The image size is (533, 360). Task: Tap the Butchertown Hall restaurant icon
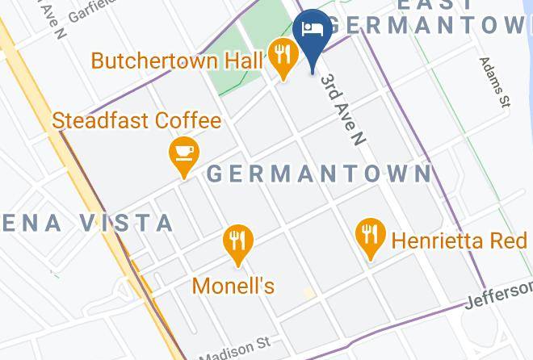281,56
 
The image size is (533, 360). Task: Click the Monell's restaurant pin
237,241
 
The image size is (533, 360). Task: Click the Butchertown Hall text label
178,61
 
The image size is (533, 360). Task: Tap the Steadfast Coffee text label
136,121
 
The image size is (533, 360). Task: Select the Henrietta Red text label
459,241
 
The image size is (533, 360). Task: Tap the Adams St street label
495,82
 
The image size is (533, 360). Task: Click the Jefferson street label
499,295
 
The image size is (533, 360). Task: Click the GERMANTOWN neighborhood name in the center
320,174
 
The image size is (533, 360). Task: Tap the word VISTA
128,223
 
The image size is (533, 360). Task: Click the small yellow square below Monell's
308,293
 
